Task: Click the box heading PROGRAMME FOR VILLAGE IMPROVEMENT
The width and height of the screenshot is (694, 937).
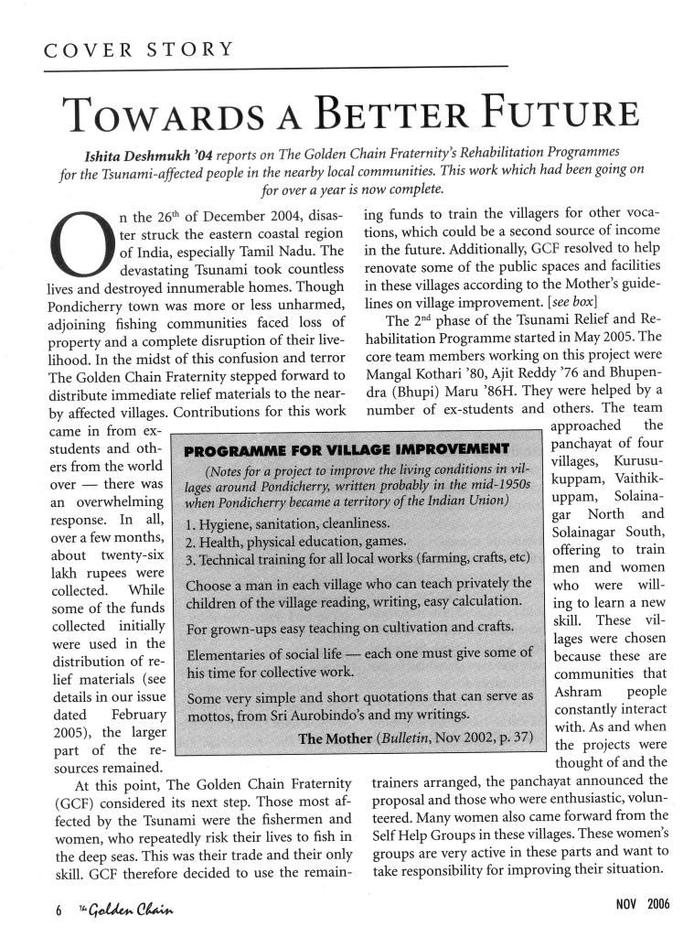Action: tap(347, 449)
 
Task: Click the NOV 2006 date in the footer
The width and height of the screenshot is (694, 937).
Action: tap(645, 904)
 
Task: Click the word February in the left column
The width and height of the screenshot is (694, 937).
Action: tap(137, 714)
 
